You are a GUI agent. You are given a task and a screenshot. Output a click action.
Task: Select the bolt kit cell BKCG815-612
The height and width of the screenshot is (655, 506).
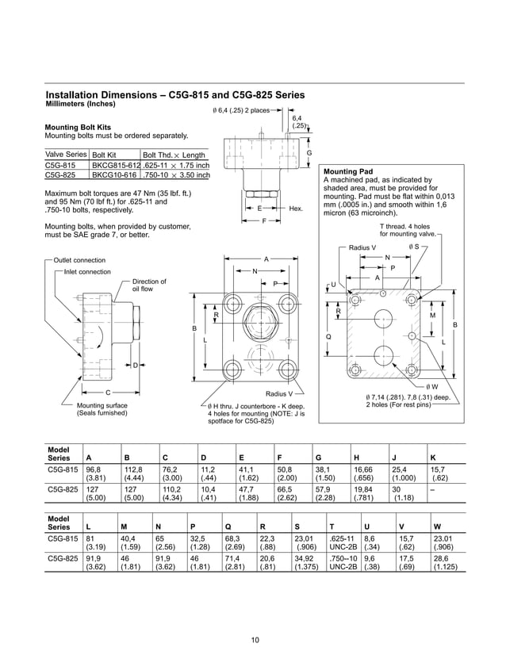point(115,165)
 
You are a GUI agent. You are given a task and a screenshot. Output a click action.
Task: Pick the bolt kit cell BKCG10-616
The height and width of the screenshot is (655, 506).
point(114,175)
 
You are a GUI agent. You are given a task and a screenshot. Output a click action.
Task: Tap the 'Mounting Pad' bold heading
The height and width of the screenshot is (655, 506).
point(347,171)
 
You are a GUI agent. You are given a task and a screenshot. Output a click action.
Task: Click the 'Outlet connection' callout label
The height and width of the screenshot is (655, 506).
point(79,260)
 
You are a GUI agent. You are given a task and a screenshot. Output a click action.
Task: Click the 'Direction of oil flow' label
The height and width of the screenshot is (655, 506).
point(149,285)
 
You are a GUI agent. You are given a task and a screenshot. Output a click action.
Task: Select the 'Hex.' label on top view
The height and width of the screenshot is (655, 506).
point(297,208)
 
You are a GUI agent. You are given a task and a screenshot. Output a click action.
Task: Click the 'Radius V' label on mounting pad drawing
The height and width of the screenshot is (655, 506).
point(362,247)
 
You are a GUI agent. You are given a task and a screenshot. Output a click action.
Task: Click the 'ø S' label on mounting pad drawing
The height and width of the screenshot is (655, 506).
point(414,247)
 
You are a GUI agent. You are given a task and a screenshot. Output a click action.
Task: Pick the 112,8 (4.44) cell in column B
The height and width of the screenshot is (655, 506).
point(135,474)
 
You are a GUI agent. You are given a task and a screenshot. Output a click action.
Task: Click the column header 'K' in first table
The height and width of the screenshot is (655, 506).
point(433,458)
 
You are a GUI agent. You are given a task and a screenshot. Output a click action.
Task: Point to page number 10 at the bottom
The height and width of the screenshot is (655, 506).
point(255,640)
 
